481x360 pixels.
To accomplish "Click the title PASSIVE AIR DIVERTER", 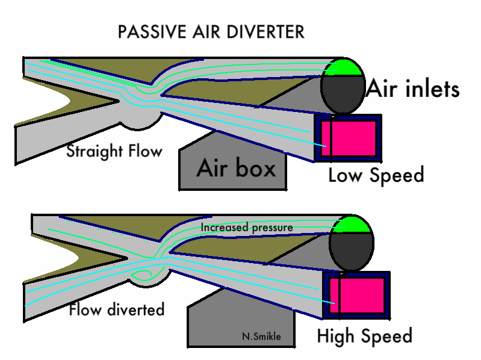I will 211,32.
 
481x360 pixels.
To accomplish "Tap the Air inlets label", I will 413,89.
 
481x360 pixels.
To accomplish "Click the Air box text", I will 236,169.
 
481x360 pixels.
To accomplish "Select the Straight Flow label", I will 114,151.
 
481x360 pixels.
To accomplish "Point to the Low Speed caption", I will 376,175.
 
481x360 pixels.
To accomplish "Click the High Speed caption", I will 365,336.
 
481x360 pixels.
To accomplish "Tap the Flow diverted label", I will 117,310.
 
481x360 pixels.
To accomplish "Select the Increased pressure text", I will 246,228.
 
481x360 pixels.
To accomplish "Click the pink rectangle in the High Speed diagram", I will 358,295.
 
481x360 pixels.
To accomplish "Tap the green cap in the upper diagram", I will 344,67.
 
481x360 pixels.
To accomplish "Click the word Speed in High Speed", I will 385,336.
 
